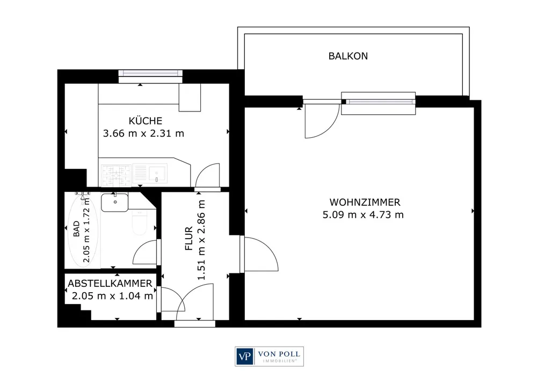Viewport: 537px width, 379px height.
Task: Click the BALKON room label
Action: (348, 56)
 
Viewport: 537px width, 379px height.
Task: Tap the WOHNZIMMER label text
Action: (365, 202)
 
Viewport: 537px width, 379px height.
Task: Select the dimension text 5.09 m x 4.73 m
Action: (363, 215)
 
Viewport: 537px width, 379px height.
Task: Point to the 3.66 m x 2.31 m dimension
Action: (143, 133)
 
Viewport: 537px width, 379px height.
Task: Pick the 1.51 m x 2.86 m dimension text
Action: (201, 240)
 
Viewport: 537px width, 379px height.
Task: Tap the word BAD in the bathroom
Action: (76, 228)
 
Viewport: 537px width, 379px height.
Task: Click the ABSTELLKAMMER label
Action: (110, 283)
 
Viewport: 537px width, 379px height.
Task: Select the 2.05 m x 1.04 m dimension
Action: (112, 296)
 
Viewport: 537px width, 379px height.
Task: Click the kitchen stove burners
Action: (117, 175)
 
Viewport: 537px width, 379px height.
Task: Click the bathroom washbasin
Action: (115, 202)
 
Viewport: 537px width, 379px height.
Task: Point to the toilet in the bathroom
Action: (140, 222)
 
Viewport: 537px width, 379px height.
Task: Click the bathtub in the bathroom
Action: (83, 230)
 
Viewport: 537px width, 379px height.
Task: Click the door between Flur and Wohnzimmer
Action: (259, 254)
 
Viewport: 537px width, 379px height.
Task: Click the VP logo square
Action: (244, 356)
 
